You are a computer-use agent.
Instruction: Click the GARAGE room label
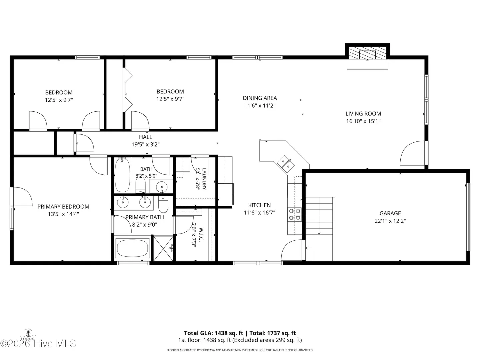[390, 213]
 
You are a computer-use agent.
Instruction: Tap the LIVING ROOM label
[363, 114]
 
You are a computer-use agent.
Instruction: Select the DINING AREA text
[260, 98]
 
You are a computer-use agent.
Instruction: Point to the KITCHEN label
[259, 205]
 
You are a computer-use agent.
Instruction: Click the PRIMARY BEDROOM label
[63, 207]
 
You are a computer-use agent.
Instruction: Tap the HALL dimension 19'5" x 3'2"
[146, 144]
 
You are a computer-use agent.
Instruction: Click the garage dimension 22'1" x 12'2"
[390, 221]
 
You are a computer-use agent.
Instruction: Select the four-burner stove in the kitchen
[294, 214]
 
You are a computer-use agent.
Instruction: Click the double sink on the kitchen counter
[286, 164]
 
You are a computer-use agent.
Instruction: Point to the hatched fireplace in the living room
[367, 53]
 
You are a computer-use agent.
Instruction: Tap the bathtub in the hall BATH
[122, 175]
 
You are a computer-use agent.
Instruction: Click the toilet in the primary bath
[163, 204]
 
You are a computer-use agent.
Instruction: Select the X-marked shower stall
[163, 248]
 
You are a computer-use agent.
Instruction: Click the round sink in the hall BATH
[162, 187]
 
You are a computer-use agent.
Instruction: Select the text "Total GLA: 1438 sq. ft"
[213, 333]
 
